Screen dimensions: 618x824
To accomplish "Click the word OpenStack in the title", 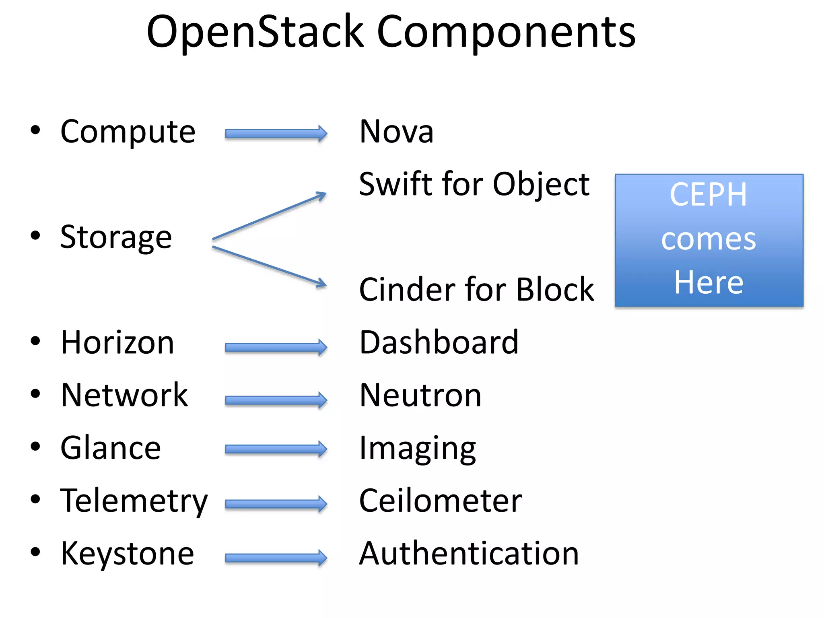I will [x=255, y=32].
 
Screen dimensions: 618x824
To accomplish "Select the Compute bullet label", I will [x=128, y=132].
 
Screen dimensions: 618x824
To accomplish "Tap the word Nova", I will [x=396, y=132].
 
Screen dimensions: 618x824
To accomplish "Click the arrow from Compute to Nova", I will [x=276, y=134].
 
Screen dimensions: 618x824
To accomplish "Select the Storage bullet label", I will [x=116, y=237].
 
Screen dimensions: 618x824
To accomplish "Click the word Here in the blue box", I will [x=709, y=282].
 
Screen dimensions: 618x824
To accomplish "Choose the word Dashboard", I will [x=439, y=342].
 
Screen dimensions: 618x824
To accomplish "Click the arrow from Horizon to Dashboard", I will [x=276, y=347].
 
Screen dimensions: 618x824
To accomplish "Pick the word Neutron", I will [x=420, y=395].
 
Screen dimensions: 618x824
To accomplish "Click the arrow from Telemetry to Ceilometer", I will [x=276, y=504].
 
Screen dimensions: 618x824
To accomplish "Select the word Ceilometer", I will [x=441, y=501].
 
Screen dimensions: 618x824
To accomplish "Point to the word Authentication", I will [x=469, y=554].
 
